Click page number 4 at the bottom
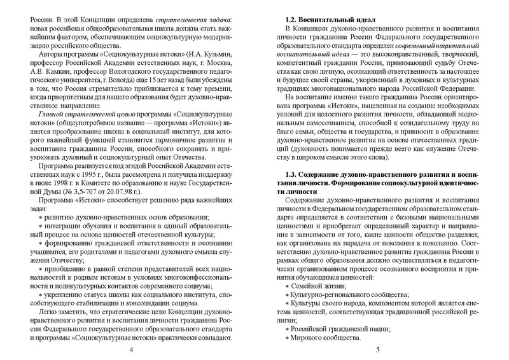[130, 350]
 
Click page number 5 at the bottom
[378, 350]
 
